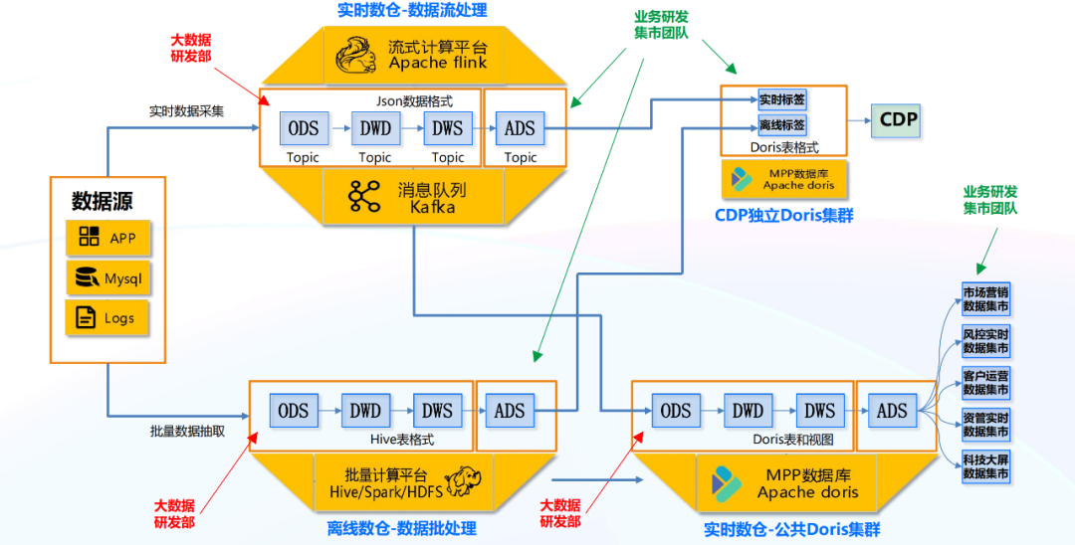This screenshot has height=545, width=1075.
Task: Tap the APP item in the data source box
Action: pos(108,238)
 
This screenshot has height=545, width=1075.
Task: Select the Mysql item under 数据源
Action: pos(108,278)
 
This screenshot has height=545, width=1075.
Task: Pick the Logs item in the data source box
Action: pos(108,318)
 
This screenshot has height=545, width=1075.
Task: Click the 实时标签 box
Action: pos(781,100)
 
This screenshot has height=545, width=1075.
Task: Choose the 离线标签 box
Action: pos(781,126)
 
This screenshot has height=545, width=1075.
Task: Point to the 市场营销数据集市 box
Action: pos(985,299)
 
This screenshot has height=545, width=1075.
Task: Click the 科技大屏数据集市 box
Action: pos(985,466)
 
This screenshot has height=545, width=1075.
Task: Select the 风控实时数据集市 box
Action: pos(985,341)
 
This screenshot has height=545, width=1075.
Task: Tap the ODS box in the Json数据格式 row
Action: pos(304,128)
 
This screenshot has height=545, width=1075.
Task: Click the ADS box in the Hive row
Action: pos(510,410)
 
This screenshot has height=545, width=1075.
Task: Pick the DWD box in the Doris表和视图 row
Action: pos(748,411)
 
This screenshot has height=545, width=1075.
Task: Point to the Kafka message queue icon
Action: pos(364,197)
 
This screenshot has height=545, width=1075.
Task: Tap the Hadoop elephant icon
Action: pos(463,480)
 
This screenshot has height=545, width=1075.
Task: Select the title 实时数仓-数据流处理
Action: pos(412,12)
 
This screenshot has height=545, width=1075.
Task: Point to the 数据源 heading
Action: pos(102,201)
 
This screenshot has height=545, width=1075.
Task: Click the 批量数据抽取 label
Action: pos(187,431)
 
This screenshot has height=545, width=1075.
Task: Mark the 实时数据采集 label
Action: pos(186,111)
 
